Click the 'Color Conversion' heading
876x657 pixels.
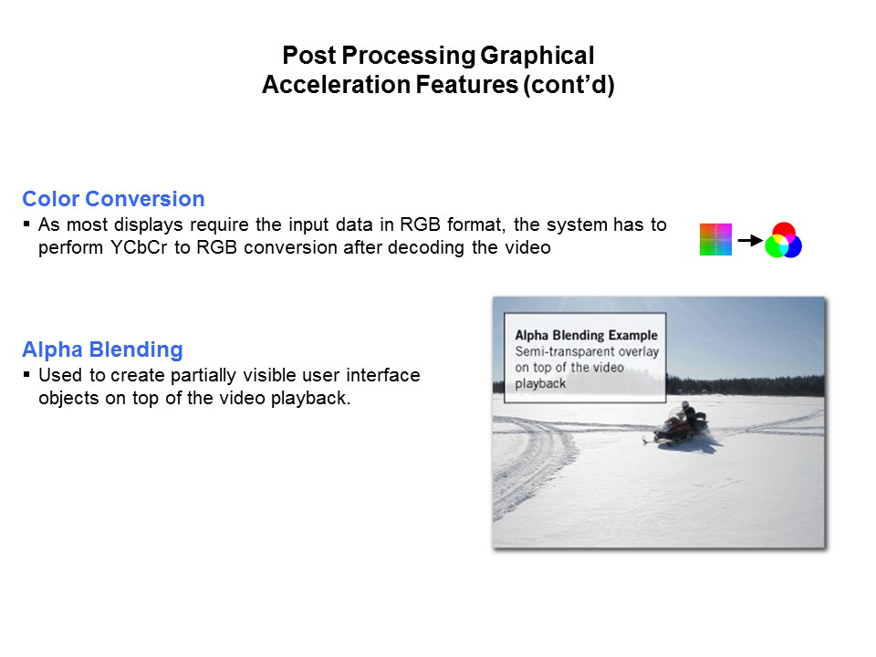point(113,199)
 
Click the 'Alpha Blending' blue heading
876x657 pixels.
point(102,349)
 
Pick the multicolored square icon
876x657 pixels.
point(715,240)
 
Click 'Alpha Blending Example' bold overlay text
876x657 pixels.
point(586,335)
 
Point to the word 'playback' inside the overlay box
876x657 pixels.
point(540,383)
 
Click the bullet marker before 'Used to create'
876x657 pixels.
point(27,375)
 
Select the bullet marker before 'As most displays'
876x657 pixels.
point(27,224)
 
